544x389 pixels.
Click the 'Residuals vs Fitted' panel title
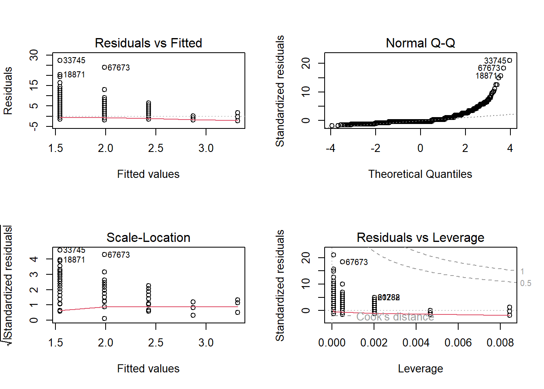[148, 43]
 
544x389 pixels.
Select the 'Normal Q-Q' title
[420, 43]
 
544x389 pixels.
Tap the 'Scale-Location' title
[148, 237]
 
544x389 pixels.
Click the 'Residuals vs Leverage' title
[420, 237]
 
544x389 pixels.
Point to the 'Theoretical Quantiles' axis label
[420, 174]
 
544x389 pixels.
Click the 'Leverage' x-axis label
[420, 369]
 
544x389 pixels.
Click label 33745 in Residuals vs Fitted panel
[74, 60]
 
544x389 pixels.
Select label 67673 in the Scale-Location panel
[119, 255]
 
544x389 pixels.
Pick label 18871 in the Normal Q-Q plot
[486, 76]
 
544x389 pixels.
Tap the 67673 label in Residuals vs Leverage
[357, 262]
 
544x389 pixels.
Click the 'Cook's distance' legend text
[395, 317]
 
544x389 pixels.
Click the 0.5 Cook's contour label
[525, 283]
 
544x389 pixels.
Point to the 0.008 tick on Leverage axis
[500, 343]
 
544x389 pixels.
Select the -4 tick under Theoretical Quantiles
[330, 148]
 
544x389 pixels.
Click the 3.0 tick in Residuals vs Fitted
[206, 148]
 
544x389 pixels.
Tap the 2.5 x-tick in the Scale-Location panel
[156, 343]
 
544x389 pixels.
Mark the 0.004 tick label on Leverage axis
[416, 343]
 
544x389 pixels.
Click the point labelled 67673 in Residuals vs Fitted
[104, 67]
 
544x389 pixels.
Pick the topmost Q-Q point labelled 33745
[510, 60]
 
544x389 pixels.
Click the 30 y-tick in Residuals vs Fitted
[34, 55]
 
